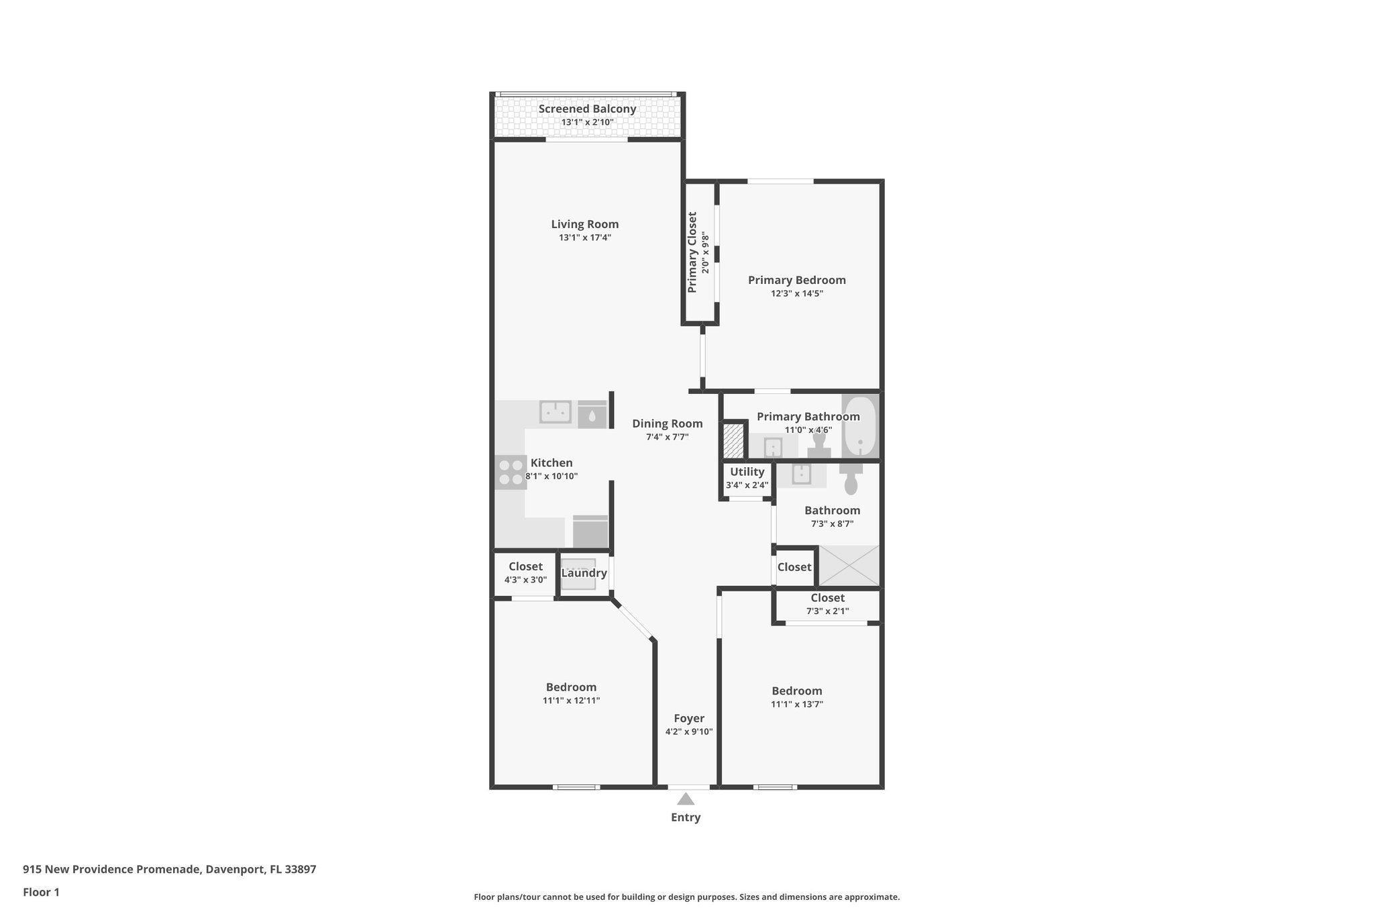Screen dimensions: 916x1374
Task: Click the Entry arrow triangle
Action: [x=685, y=799]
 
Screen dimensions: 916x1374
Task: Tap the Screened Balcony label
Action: [x=587, y=109]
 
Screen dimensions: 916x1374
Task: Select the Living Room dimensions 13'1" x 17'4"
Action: [x=584, y=238]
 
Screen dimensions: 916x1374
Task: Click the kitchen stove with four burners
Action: [x=511, y=472]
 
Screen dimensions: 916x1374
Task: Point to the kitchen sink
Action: [x=556, y=411]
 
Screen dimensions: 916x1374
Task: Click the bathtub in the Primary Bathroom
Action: [x=859, y=426]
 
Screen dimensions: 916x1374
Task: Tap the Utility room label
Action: [x=747, y=472]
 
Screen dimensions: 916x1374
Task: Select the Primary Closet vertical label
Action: [x=692, y=252]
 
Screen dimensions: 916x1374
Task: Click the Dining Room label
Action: [x=667, y=423]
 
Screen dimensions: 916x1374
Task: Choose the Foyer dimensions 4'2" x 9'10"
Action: [x=688, y=732]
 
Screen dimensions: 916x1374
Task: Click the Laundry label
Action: [x=584, y=573]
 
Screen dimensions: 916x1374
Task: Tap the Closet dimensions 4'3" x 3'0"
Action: [x=525, y=580]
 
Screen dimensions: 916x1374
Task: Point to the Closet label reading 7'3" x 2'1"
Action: [x=827, y=598]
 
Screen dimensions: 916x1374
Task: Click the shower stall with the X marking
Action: [x=849, y=565]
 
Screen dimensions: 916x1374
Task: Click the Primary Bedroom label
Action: [x=796, y=280]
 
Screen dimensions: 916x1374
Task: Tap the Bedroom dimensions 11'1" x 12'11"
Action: [x=571, y=701]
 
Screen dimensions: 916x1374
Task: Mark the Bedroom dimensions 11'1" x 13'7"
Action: [x=796, y=705]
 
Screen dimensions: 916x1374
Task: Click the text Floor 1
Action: [x=41, y=893]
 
